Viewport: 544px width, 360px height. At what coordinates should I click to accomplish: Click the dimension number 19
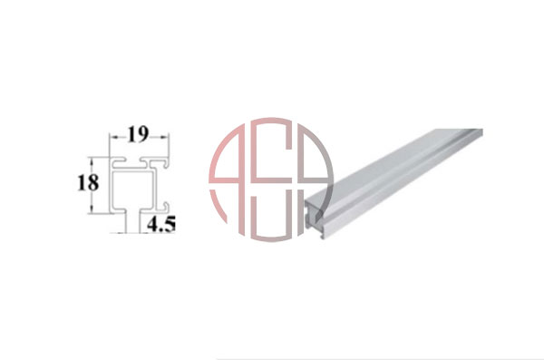[138, 135]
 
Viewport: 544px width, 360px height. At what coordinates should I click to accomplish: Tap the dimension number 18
[88, 183]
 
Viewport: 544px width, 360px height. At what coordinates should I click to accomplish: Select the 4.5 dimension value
[161, 224]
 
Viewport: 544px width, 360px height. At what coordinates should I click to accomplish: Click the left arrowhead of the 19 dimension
[113, 137]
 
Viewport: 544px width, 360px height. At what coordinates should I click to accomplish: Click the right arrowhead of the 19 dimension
[166, 137]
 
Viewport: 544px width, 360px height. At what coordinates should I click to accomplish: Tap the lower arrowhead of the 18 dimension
[92, 209]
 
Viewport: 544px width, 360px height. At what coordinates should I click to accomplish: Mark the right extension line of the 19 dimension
[169, 146]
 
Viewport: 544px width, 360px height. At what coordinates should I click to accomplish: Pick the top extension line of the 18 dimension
[100, 157]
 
